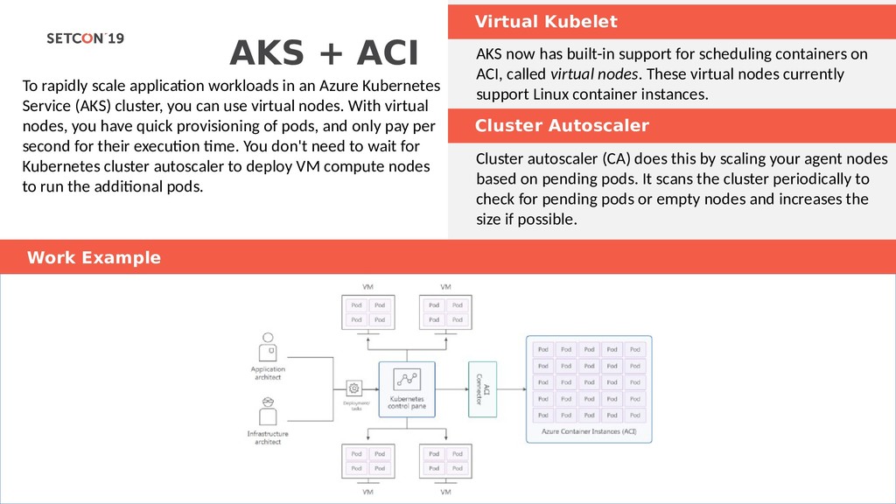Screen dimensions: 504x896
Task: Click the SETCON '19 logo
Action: pyautogui.click(x=85, y=38)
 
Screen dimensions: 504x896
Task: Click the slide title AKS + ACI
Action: pyautogui.click(x=323, y=53)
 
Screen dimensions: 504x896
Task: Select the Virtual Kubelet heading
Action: pyautogui.click(x=546, y=22)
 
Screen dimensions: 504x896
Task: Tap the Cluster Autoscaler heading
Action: pyautogui.click(x=562, y=126)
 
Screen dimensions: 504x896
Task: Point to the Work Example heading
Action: pyautogui.click(x=94, y=257)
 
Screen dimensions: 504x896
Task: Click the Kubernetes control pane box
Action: pyautogui.click(x=406, y=388)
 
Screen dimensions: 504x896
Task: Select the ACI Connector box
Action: pyautogui.click(x=483, y=386)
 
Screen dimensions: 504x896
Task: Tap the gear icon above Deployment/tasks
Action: pyautogui.click(x=354, y=387)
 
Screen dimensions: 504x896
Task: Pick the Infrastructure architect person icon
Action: pyautogui.click(x=268, y=412)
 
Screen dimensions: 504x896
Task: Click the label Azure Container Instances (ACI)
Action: pyautogui.click(x=588, y=431)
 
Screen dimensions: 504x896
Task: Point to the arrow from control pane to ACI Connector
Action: pyautogui.click(x=451, y=386)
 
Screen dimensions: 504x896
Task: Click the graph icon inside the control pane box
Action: pyautogui.click(x=406, y=379)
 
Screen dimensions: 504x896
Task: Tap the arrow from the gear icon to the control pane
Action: pyautogui.click(x=370, y=387)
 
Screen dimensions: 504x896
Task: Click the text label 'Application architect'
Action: pyautogui.click(x=268, y=374)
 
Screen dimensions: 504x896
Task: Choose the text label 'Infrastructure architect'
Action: pyautogui.click(x=268, y=437)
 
